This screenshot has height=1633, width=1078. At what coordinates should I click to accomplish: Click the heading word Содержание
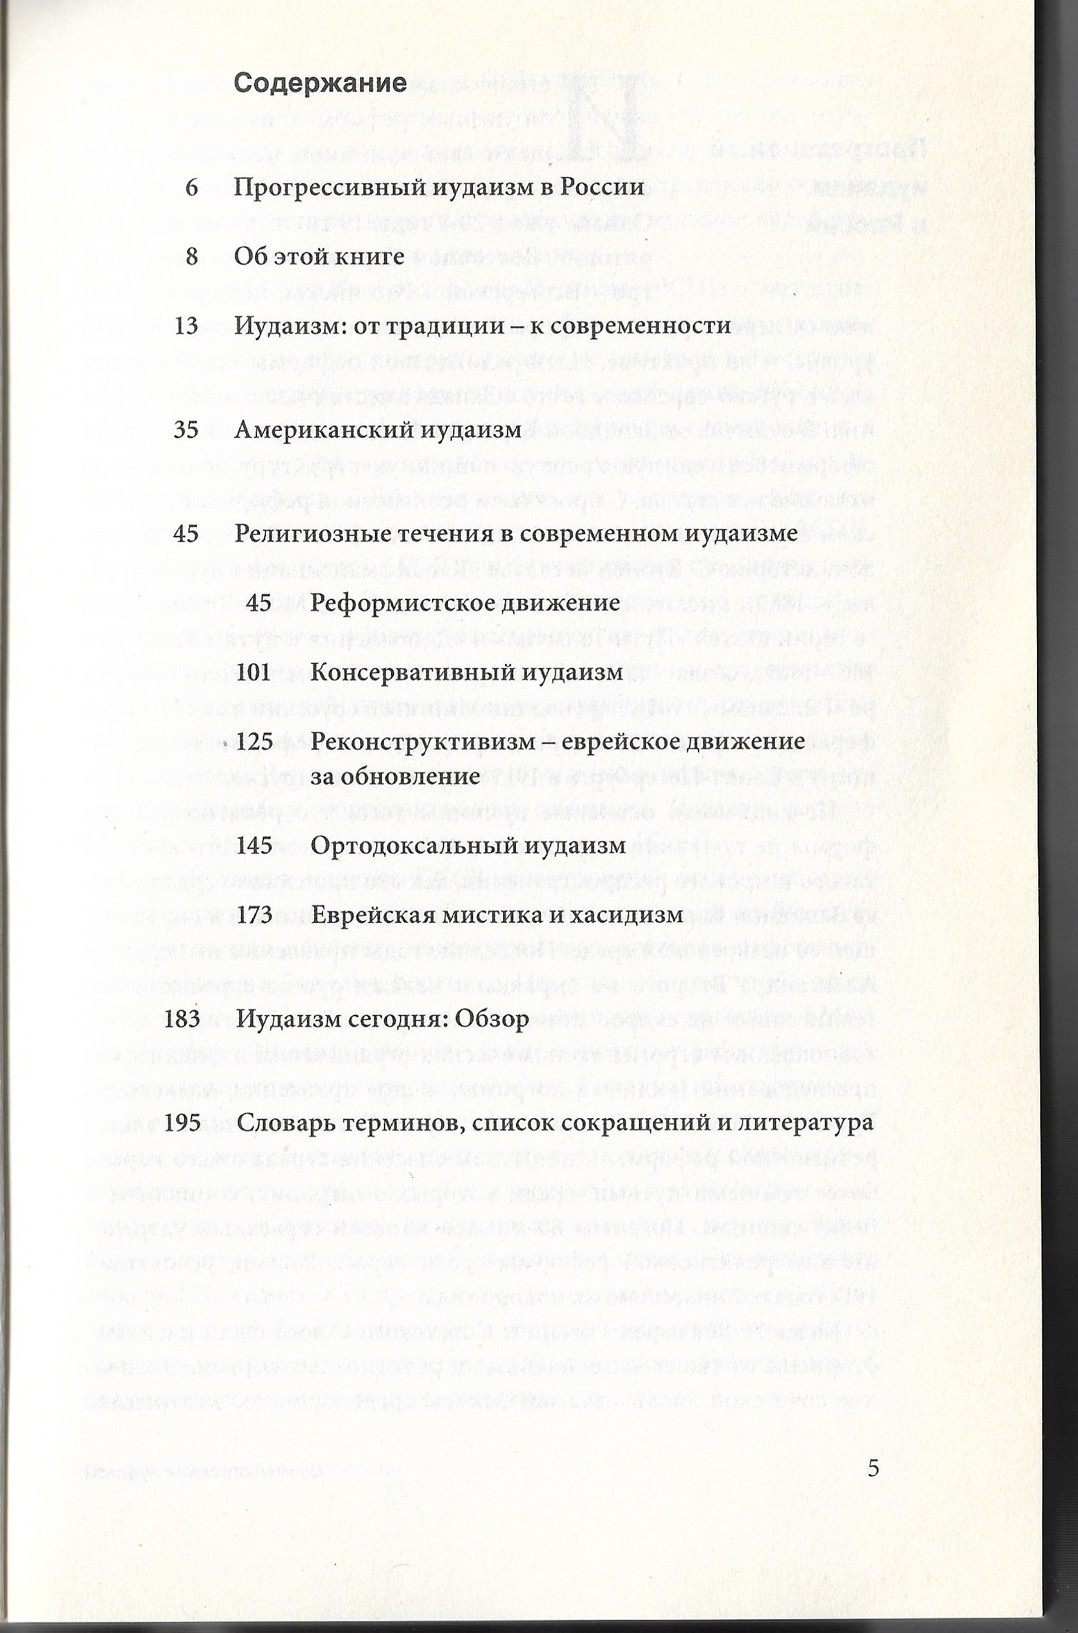click(320, 84)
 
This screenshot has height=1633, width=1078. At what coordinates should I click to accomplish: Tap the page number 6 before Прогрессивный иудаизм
click(192, 187)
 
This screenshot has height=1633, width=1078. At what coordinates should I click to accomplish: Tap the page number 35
click(187, 430)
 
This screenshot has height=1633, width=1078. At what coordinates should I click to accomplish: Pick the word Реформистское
click(390, 603)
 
